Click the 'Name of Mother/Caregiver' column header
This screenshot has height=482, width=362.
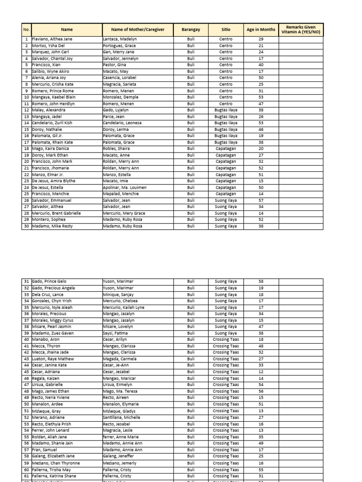click(138, 30)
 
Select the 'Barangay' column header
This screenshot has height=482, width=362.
click(190, 30)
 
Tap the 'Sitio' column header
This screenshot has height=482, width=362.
click(226, 30)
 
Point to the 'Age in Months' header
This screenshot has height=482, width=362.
click(261, 30)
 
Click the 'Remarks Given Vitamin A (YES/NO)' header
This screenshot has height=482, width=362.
click(301, 30)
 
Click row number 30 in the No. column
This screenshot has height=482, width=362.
click(26, 226)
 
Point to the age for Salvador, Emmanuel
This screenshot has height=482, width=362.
click(261, 200)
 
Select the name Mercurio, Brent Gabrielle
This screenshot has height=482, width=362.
click(57, 213)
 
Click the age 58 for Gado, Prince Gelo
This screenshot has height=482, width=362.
click(261, 281)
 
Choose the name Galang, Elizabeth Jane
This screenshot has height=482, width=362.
click(53, 456)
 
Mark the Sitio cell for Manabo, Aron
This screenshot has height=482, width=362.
click(226, 339)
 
